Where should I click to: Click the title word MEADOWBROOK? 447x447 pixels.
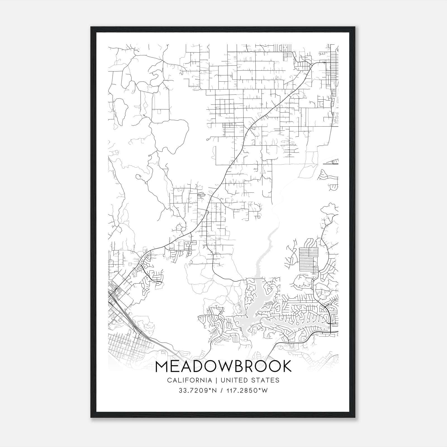(x=223, y=366)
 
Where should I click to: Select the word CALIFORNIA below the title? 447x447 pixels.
(x=189, y=380)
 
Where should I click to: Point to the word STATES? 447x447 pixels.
(x=265, y=380)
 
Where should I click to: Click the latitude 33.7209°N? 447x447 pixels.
(x=198, y=391)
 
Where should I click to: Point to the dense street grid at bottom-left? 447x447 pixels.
(x=126, y=344)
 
